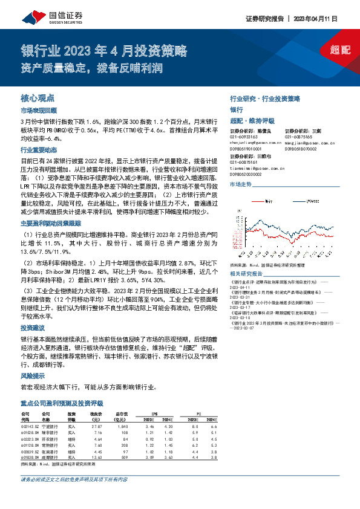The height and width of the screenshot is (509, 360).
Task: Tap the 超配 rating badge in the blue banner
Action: pos(341,50)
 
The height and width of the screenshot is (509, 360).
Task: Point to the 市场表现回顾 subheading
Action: pos(38,111)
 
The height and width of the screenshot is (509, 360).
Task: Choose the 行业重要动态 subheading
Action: pos(38,150)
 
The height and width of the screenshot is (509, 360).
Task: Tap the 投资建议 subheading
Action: pos(33,325)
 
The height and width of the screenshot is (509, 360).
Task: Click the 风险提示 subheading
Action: pos(33,375)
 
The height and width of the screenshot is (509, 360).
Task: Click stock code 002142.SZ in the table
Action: pos(30,426)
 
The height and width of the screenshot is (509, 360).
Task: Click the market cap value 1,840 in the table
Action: pos(122,426)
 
